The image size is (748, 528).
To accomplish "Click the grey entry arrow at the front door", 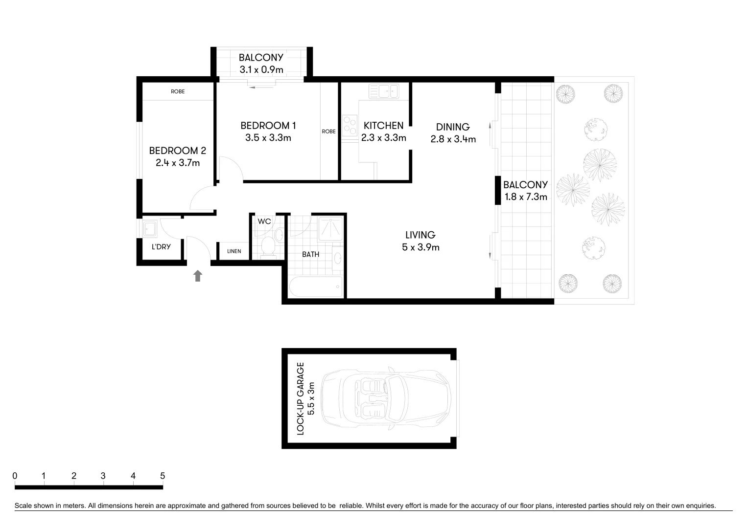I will click(x=197, y=276).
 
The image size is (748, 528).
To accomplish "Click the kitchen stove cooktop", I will click(x=350, y=125).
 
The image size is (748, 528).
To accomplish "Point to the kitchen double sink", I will click(x=384, y=91).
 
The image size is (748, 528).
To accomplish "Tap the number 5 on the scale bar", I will click(x=163, y=476).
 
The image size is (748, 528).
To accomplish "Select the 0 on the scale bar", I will click(x=15, y=476).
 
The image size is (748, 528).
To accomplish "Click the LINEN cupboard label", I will click(x=234, y=251).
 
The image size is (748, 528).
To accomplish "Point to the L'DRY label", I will click(x=161, y=247).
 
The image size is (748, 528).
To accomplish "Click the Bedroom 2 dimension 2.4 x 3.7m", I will click(x=178, y=163).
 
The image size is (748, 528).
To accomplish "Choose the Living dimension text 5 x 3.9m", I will click(x=421, y=247).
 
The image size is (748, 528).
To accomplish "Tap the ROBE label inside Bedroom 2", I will click(x=178, y=91).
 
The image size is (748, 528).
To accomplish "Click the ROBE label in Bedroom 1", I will click(x=328, y=131).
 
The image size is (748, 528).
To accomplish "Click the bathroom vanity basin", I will click(x=337, y=258).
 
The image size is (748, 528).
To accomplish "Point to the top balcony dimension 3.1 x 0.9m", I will click(x=261, y=69).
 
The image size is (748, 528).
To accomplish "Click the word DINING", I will click(x=453, y=127).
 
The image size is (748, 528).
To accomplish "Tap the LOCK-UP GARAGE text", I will click(x=301, y=398).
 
